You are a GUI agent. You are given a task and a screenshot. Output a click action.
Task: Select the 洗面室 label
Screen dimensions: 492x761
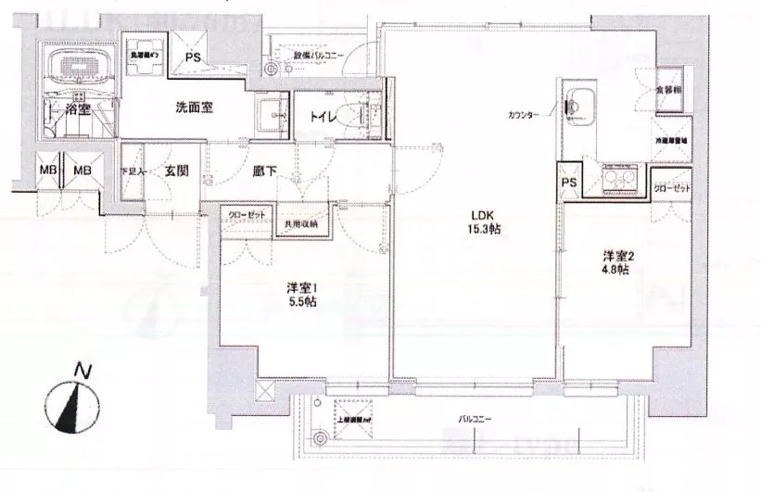tap(195, 107)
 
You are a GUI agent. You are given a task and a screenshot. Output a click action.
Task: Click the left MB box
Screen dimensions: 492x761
tap(46, 170)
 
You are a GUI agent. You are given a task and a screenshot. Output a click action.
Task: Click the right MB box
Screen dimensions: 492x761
tap(82, 170)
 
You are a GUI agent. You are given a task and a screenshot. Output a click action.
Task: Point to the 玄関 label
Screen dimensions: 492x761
tap(179, 170)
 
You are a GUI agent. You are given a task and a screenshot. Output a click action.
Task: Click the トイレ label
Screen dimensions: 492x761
tap(323, 117)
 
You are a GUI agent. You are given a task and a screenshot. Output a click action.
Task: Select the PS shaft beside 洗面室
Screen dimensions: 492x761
tap(193, 57)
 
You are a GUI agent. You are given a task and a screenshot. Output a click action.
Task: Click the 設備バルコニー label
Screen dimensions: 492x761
tap(319, 56)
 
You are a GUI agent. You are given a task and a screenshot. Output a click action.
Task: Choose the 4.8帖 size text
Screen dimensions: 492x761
tap(615, 270)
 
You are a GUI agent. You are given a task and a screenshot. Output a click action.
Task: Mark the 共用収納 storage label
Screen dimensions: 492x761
tap(301, 224)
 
